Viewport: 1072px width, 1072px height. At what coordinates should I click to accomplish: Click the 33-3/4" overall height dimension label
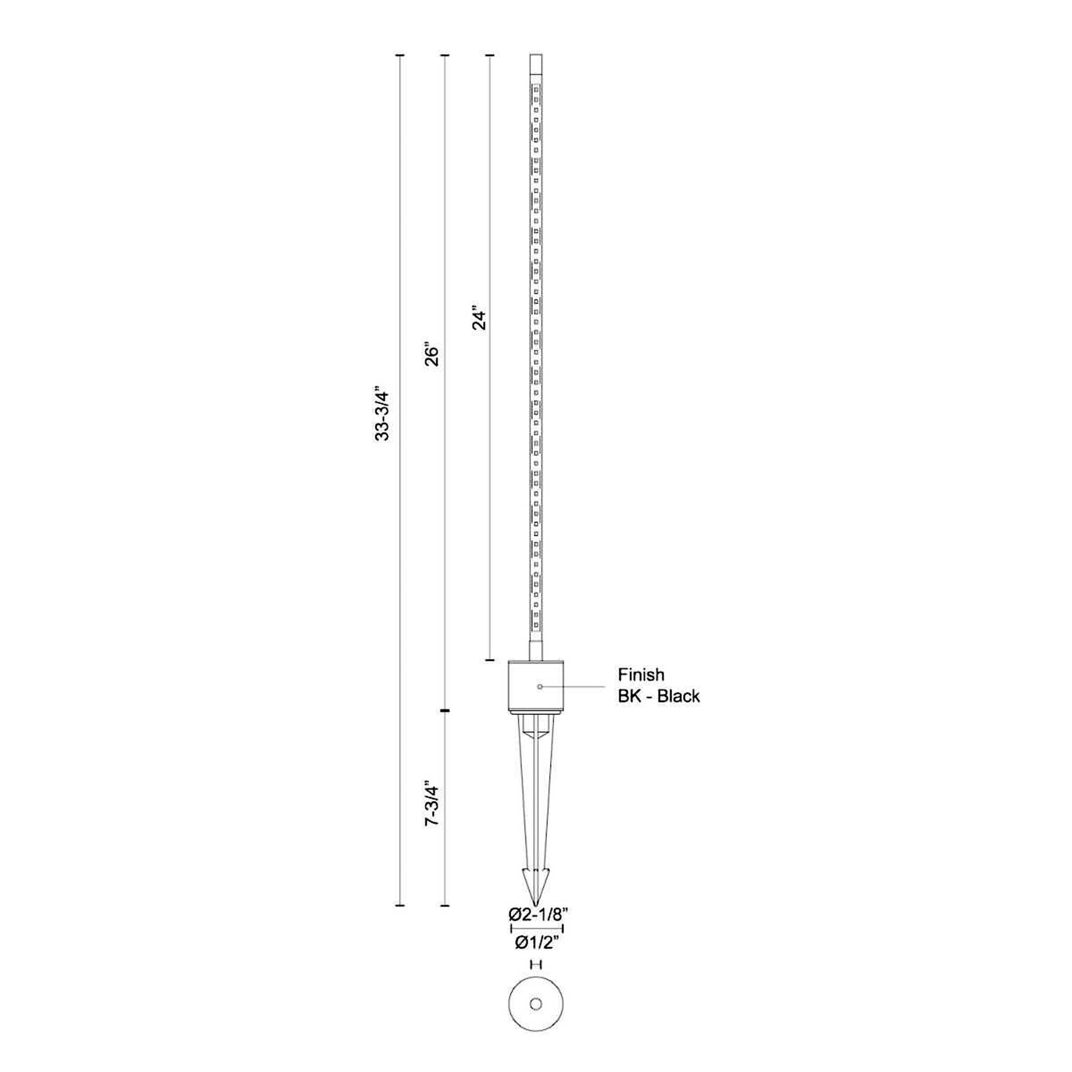tap(382, 415)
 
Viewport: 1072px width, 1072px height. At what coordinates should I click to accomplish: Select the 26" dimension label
tap(432, 354)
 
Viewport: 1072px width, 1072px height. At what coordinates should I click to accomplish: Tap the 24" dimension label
tap(479, 319)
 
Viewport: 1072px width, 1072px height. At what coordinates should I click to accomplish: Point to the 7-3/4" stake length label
tap(432, 803)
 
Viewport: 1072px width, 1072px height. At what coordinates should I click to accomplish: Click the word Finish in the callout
tap(641, 675)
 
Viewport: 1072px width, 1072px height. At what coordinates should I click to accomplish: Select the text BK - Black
tap(659, 696)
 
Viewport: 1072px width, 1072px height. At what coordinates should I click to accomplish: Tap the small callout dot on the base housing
tap(540, 687)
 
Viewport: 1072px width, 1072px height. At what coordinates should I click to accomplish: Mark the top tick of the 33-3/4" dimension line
tap(400, 55)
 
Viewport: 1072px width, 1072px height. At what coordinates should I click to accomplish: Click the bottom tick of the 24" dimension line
tap(490, 660)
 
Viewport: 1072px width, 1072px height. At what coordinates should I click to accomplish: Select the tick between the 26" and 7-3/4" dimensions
tap(444, 710)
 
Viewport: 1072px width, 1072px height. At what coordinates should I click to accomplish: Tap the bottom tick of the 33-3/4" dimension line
tap(400, 906)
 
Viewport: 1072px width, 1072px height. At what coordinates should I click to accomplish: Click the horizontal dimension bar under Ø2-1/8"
tap(537, 928)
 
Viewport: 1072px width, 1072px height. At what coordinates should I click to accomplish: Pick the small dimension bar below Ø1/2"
tap(536, 965)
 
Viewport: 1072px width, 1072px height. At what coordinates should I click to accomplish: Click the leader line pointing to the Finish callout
tap(578, 687)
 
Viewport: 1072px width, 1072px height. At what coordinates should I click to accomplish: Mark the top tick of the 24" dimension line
tap(490, 55)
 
